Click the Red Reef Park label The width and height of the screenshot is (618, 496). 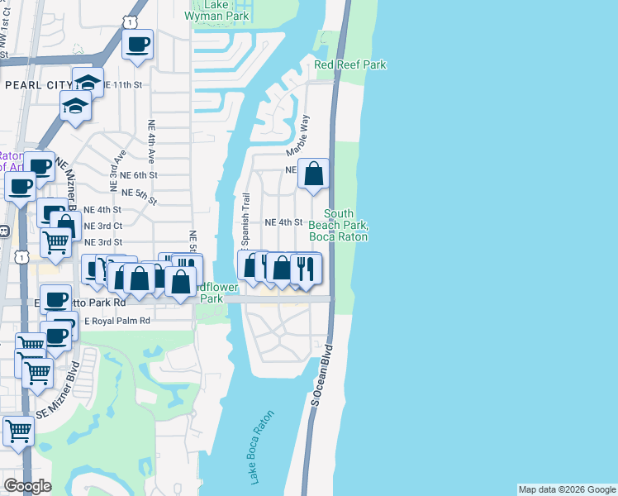[349, 64]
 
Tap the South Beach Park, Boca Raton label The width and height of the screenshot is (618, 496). [338, 225]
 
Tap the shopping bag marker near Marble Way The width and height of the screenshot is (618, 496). [314, 174]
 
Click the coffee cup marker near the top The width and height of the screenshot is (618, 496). [138, 44]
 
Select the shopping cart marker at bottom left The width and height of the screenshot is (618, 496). [18, 429]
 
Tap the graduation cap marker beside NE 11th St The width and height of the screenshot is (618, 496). [88, 82]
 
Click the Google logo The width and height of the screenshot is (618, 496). [27, 486]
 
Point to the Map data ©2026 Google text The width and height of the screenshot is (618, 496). [567, 489]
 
